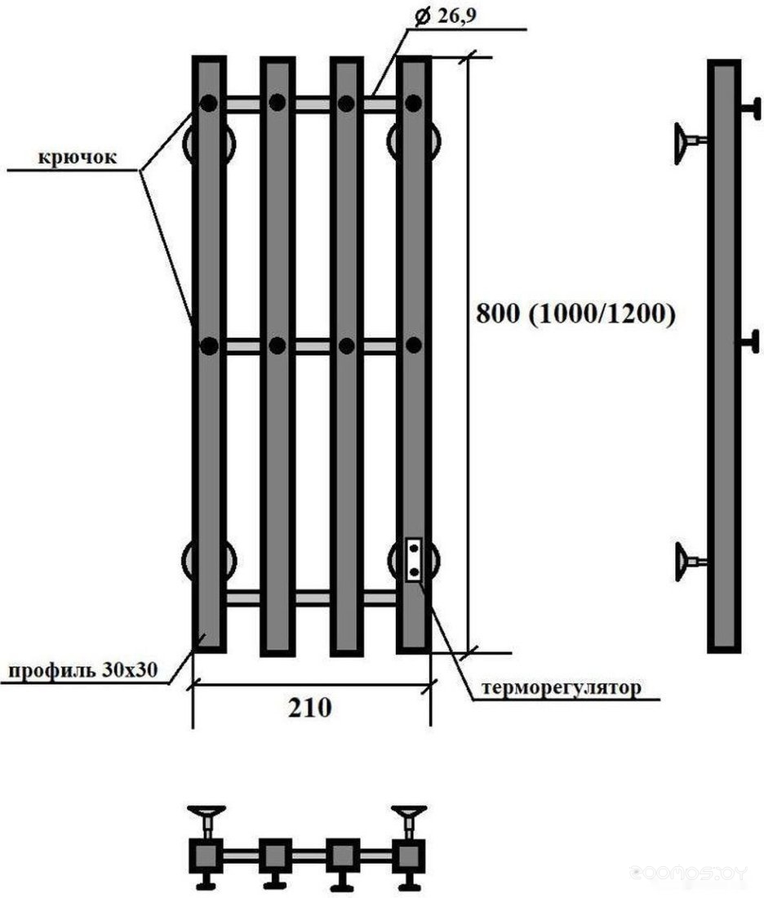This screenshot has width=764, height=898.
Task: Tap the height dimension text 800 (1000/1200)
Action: coord(575,314)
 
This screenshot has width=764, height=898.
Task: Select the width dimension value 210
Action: coord(309,708)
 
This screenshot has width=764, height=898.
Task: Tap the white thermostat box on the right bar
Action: coord(414,559)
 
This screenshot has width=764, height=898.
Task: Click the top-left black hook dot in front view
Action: coord(209,104)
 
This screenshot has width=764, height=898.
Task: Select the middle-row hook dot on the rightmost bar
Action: coord(413,345)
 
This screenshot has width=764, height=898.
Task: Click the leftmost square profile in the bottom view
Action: coord(208,856)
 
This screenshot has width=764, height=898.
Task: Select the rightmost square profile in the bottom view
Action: coord(407,856)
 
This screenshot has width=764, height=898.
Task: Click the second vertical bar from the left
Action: coord(277,355)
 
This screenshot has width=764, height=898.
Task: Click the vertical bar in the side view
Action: coord(723,355)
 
